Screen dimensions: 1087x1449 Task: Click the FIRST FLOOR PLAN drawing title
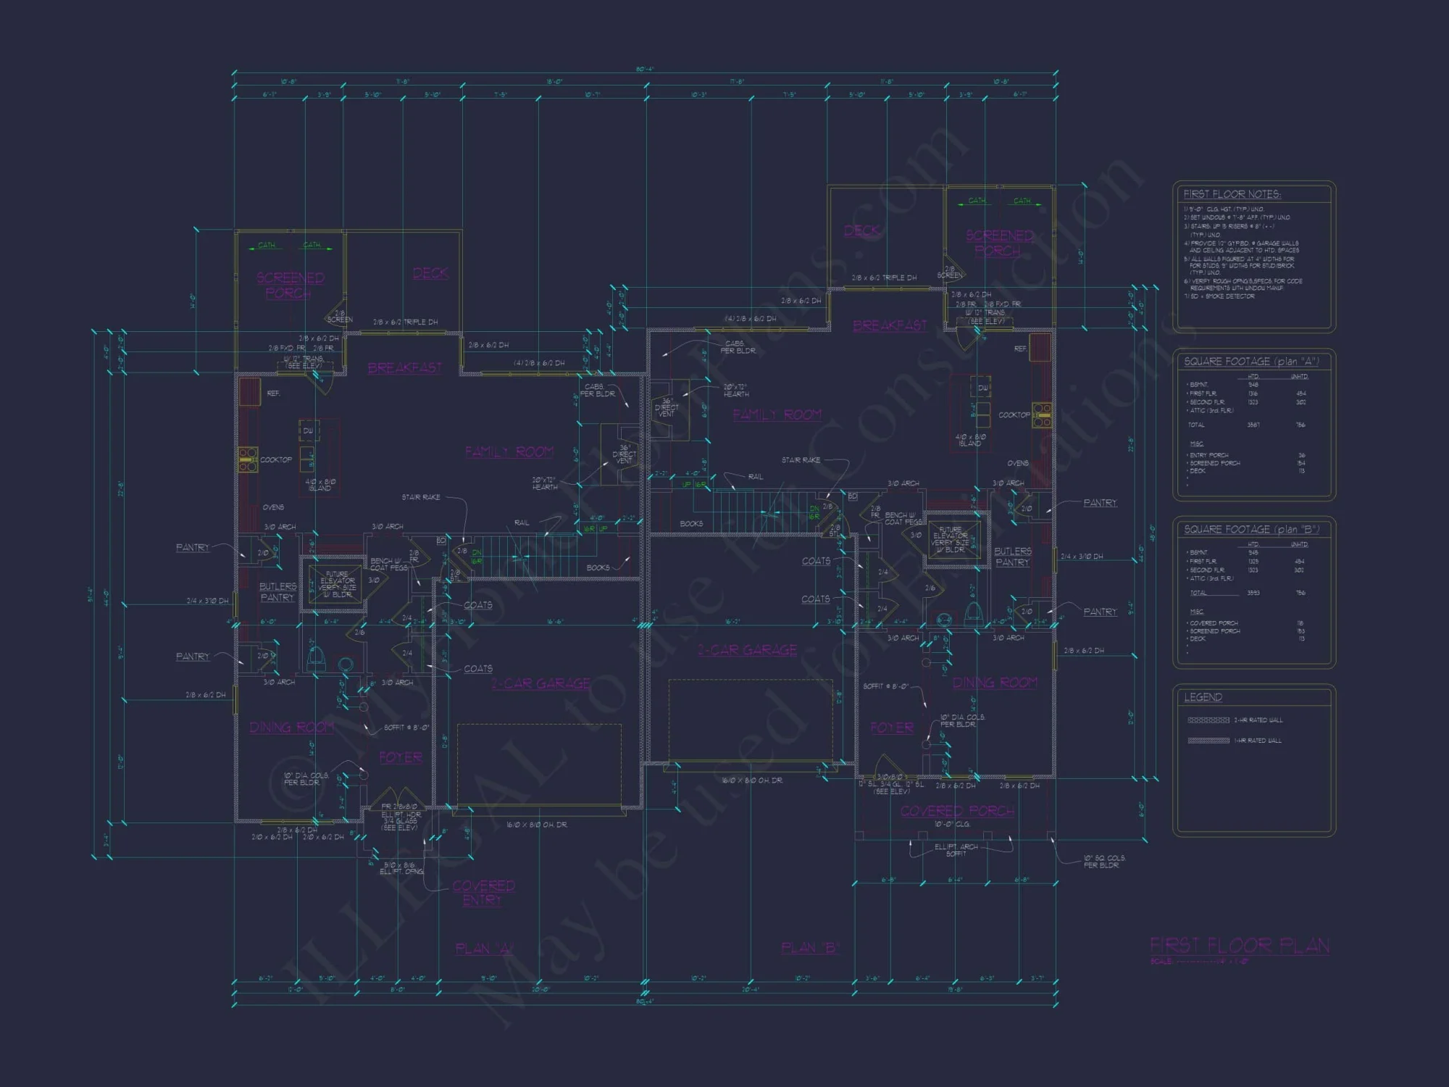coord(1239,946)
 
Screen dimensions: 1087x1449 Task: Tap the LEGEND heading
coord(1203,697)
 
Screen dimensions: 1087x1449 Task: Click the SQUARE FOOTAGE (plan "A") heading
coord(1251,361)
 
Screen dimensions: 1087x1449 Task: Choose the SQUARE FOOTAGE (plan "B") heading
coord(1251,529)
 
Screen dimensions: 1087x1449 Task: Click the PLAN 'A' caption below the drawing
coord(484,949)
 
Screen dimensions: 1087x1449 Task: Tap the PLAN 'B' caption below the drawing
coord(810,948)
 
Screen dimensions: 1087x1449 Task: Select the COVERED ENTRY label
coord(483,893)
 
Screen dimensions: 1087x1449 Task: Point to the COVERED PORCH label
coord(957,811)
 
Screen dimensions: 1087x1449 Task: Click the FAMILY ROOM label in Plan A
coord(509,452)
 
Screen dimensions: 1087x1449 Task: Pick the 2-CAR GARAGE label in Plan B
coord(747,650)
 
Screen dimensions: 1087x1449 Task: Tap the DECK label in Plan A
coord(430,273)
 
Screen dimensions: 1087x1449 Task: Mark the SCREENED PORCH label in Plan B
coord(999,243)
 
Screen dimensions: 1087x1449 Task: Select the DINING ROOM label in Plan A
coord(291,727)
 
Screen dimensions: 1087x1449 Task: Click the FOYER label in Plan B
coord(891,727)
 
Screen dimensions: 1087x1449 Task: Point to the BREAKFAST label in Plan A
coord(404,368)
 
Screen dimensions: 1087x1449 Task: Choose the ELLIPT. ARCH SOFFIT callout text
coord(956,850)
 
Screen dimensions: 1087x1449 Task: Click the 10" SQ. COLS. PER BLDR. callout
coord(1104,862)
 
